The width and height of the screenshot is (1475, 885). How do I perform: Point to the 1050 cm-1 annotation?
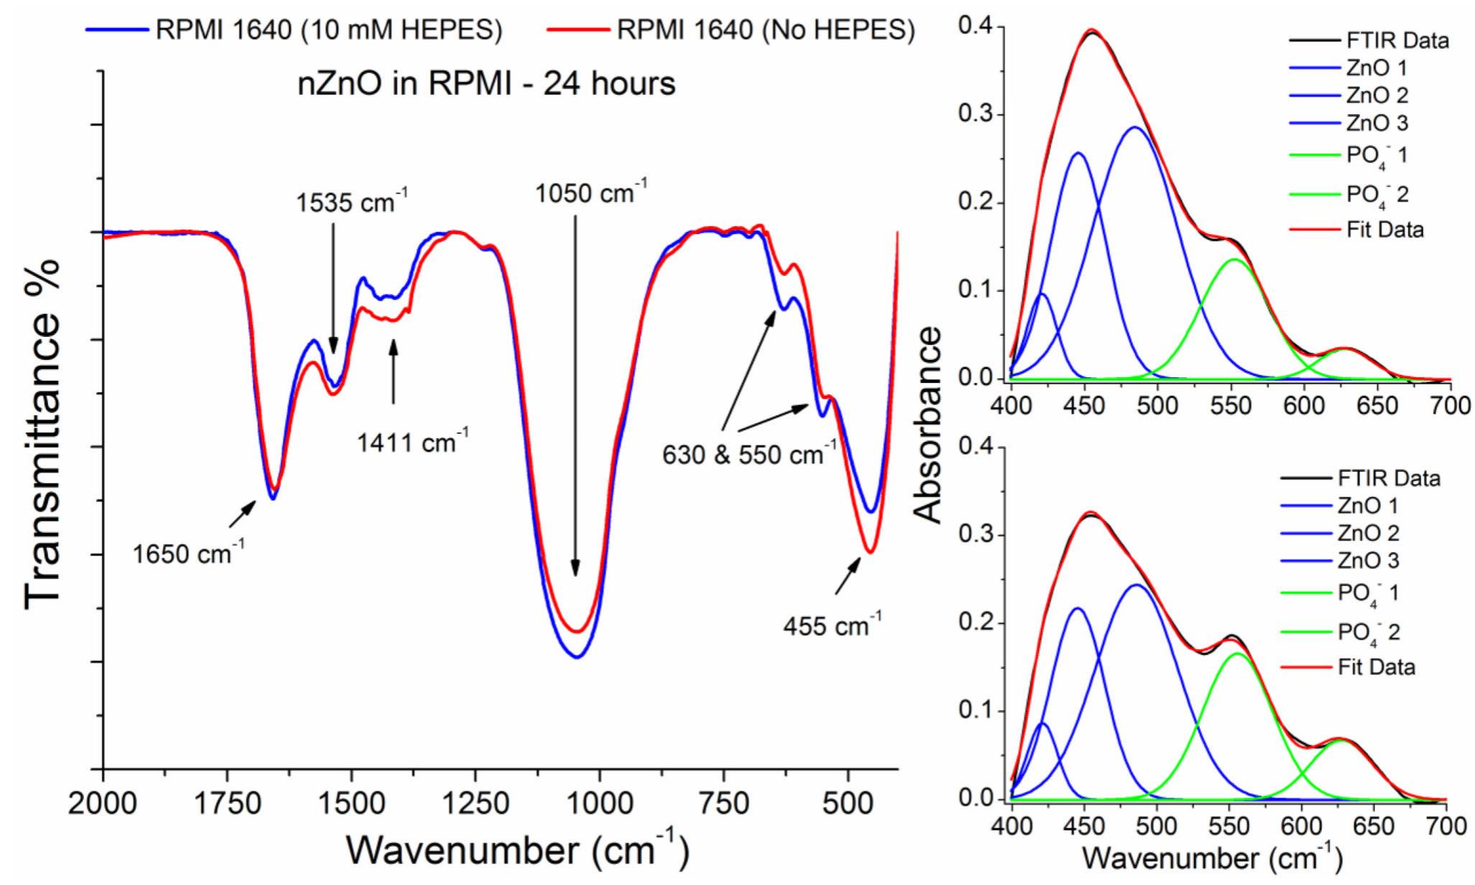click(x=591, y=193)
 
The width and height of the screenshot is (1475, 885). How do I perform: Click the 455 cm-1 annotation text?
click(x=832, y=625)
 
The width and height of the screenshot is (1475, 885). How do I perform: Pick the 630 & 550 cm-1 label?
click(x=749, y=454)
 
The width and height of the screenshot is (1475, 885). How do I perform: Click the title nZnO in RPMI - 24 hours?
click(x=486, y=84)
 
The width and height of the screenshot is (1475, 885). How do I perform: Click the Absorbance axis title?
click(x=929, y=424)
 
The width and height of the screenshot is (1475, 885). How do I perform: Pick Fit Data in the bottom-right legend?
click(x=1376, y=667)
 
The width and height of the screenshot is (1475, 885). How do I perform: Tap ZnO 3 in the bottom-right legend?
click(x=1367, y=560)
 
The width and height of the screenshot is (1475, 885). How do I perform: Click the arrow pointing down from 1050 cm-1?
click(x=575, y=395)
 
